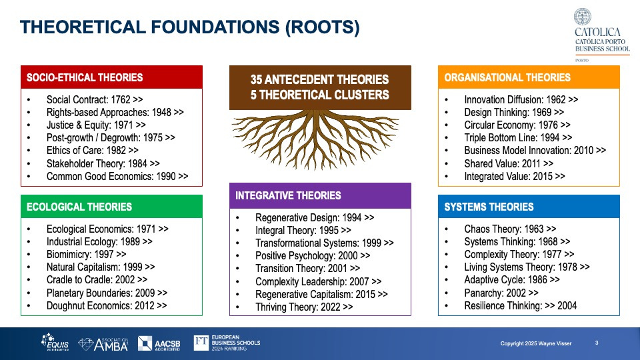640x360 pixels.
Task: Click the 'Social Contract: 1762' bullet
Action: (x=95, y=99)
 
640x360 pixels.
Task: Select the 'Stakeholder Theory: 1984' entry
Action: (x=103, y=164)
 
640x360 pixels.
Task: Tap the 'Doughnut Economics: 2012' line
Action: (x=107, y=306)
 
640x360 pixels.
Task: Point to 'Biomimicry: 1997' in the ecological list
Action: (x=86, y=254)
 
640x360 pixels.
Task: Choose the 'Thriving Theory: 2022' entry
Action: (x=304, y=307)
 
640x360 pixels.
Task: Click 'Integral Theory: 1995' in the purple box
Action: (x=303, y=230)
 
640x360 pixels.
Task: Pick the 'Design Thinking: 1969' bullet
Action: (x=514, y=112)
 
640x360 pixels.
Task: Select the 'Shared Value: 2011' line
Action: (x=509, y=164)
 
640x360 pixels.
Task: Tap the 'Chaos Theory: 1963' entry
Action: (x=510, y=229)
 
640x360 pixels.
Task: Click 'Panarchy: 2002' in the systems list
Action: (x=501, y=293)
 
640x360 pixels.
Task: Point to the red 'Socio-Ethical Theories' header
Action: (x=112, y=77)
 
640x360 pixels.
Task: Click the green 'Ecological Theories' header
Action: (x=112, y=207)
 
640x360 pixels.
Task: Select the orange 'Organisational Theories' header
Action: (x=529, y=77)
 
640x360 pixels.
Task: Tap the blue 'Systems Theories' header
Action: (x=529, y=207)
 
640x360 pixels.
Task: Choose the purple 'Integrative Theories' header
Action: (x=321, y=195)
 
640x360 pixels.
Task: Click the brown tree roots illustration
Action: (x=315, y=139)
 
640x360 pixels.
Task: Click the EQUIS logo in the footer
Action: (x=55, y=342)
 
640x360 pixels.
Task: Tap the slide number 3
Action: (x=597, y=343)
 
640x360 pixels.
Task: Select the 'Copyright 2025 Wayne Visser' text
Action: (x=536, y=344)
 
